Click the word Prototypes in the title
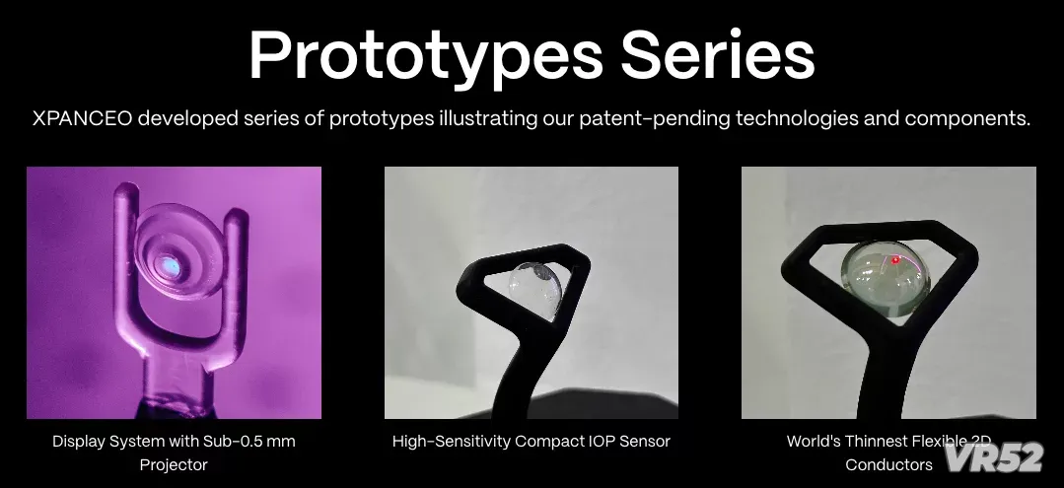426,56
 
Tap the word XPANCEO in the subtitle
82,118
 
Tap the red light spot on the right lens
895,260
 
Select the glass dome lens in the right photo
881,278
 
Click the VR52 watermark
994,456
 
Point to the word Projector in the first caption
174,465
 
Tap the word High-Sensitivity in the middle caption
452,442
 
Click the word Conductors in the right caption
888,465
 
